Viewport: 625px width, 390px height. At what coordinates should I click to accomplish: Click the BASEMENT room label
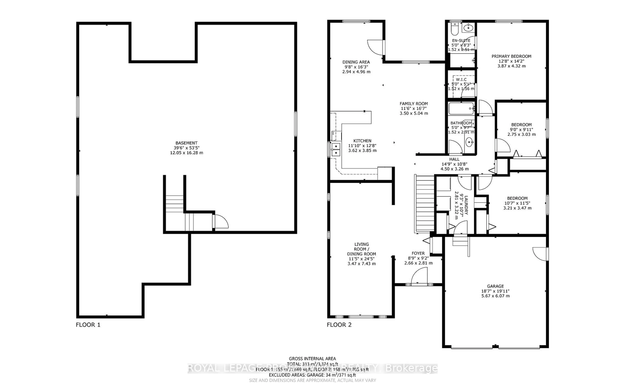(186, 143)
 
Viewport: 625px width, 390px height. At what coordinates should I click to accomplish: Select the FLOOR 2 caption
(339, 325)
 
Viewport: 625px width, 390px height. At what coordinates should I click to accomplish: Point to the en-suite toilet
(454, 29)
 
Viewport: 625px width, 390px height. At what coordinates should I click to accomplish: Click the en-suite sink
(468, 27)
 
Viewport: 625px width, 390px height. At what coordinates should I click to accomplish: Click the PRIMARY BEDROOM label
(511, 56)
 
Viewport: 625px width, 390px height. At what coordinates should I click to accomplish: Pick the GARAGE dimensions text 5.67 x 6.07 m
(495, 296)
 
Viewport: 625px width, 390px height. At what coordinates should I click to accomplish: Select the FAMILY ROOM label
(414, 104)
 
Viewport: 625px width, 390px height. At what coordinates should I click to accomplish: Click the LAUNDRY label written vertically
(466, 205)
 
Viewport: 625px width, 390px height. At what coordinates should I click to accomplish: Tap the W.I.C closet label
(461, 79)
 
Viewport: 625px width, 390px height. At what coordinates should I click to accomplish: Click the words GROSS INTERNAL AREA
(312, 359)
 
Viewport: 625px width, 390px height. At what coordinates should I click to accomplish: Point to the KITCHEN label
(362, 141)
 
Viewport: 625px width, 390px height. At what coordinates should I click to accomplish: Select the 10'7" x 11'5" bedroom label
(517, 198)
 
